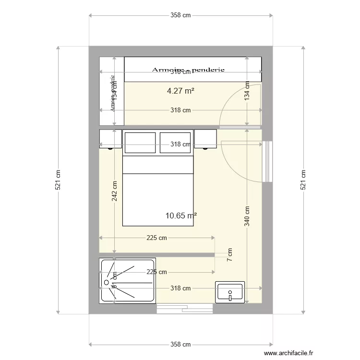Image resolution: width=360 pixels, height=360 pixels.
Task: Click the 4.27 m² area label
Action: tap(180, 90)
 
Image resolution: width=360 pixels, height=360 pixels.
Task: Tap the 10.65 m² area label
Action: tap(180, 216)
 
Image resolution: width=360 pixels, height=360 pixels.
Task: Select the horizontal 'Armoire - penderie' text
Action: tap(188, 70)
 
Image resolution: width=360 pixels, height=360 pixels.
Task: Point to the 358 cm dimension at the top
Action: tap(180, 15)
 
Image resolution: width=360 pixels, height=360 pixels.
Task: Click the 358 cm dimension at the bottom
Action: tap(180, 345)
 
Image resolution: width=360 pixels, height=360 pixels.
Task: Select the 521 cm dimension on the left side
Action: tap(58, 180)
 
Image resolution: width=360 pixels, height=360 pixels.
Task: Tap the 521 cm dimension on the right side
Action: tap(303, 180)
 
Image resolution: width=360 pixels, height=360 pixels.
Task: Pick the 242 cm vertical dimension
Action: tap(115, 191)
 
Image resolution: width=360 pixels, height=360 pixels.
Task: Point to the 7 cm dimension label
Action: tap(230, 255)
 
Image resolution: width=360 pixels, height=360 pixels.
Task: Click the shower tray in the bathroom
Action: tap(127, 281)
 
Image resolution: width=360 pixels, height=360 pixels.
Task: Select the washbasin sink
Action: tap(230, 292)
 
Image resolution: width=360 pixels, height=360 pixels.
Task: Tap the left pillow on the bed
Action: tap(140, 143)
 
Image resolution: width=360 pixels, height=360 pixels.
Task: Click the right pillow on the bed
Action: tap(176, 143)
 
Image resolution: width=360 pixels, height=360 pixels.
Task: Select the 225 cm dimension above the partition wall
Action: tap(156, 238)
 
